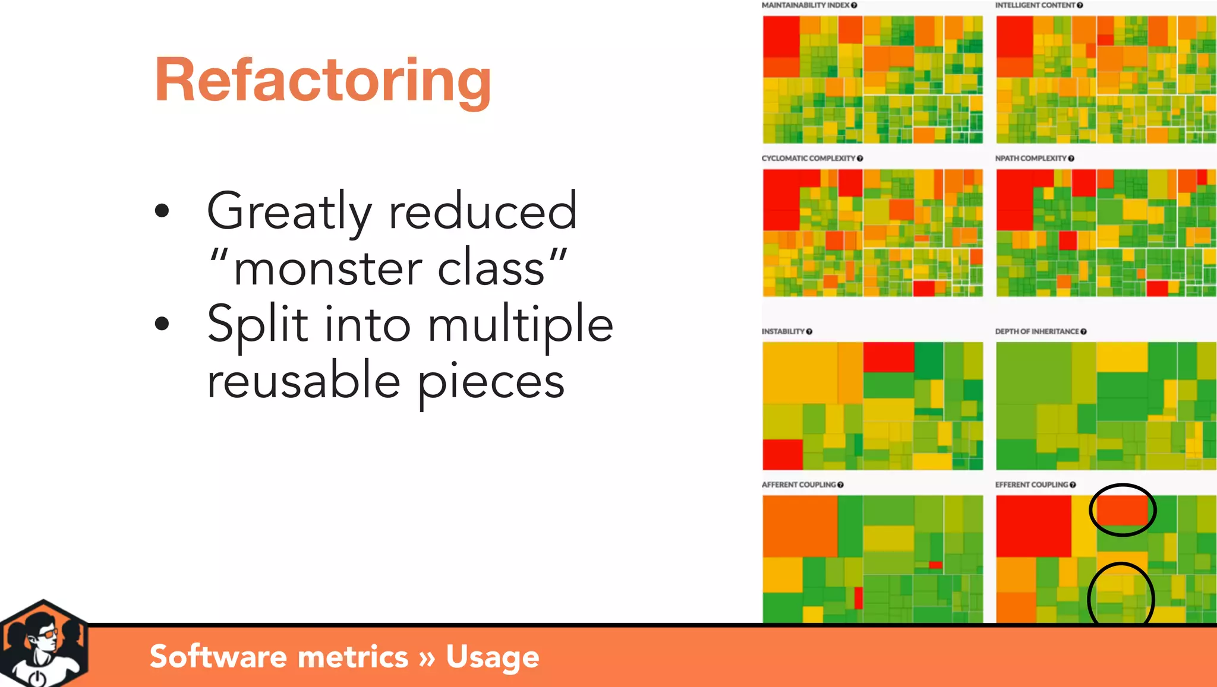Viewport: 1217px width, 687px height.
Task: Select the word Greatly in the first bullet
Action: coord(289,212)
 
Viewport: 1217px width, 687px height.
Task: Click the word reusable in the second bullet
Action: coord(303,381)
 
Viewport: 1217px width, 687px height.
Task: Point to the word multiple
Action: coord(520,325)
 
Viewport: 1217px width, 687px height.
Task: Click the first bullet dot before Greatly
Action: coord(162,211)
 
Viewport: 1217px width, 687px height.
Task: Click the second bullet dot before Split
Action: coord(162,324)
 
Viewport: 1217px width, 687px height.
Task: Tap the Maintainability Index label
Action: coord(805,5)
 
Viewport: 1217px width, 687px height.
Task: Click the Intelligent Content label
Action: coord(1035,5)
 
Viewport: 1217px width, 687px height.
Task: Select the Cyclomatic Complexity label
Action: coord(808,159)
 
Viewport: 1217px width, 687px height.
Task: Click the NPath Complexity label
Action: coord(1030,159)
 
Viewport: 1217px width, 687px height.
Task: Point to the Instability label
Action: coord(783,331)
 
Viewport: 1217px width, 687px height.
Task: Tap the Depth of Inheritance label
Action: coord(1036,331)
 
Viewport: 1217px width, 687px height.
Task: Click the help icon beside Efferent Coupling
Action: coord(1073,485)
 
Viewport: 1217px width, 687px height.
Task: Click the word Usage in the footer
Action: coord(492,657)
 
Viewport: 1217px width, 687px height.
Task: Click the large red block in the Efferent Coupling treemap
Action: coord(1033,526)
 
